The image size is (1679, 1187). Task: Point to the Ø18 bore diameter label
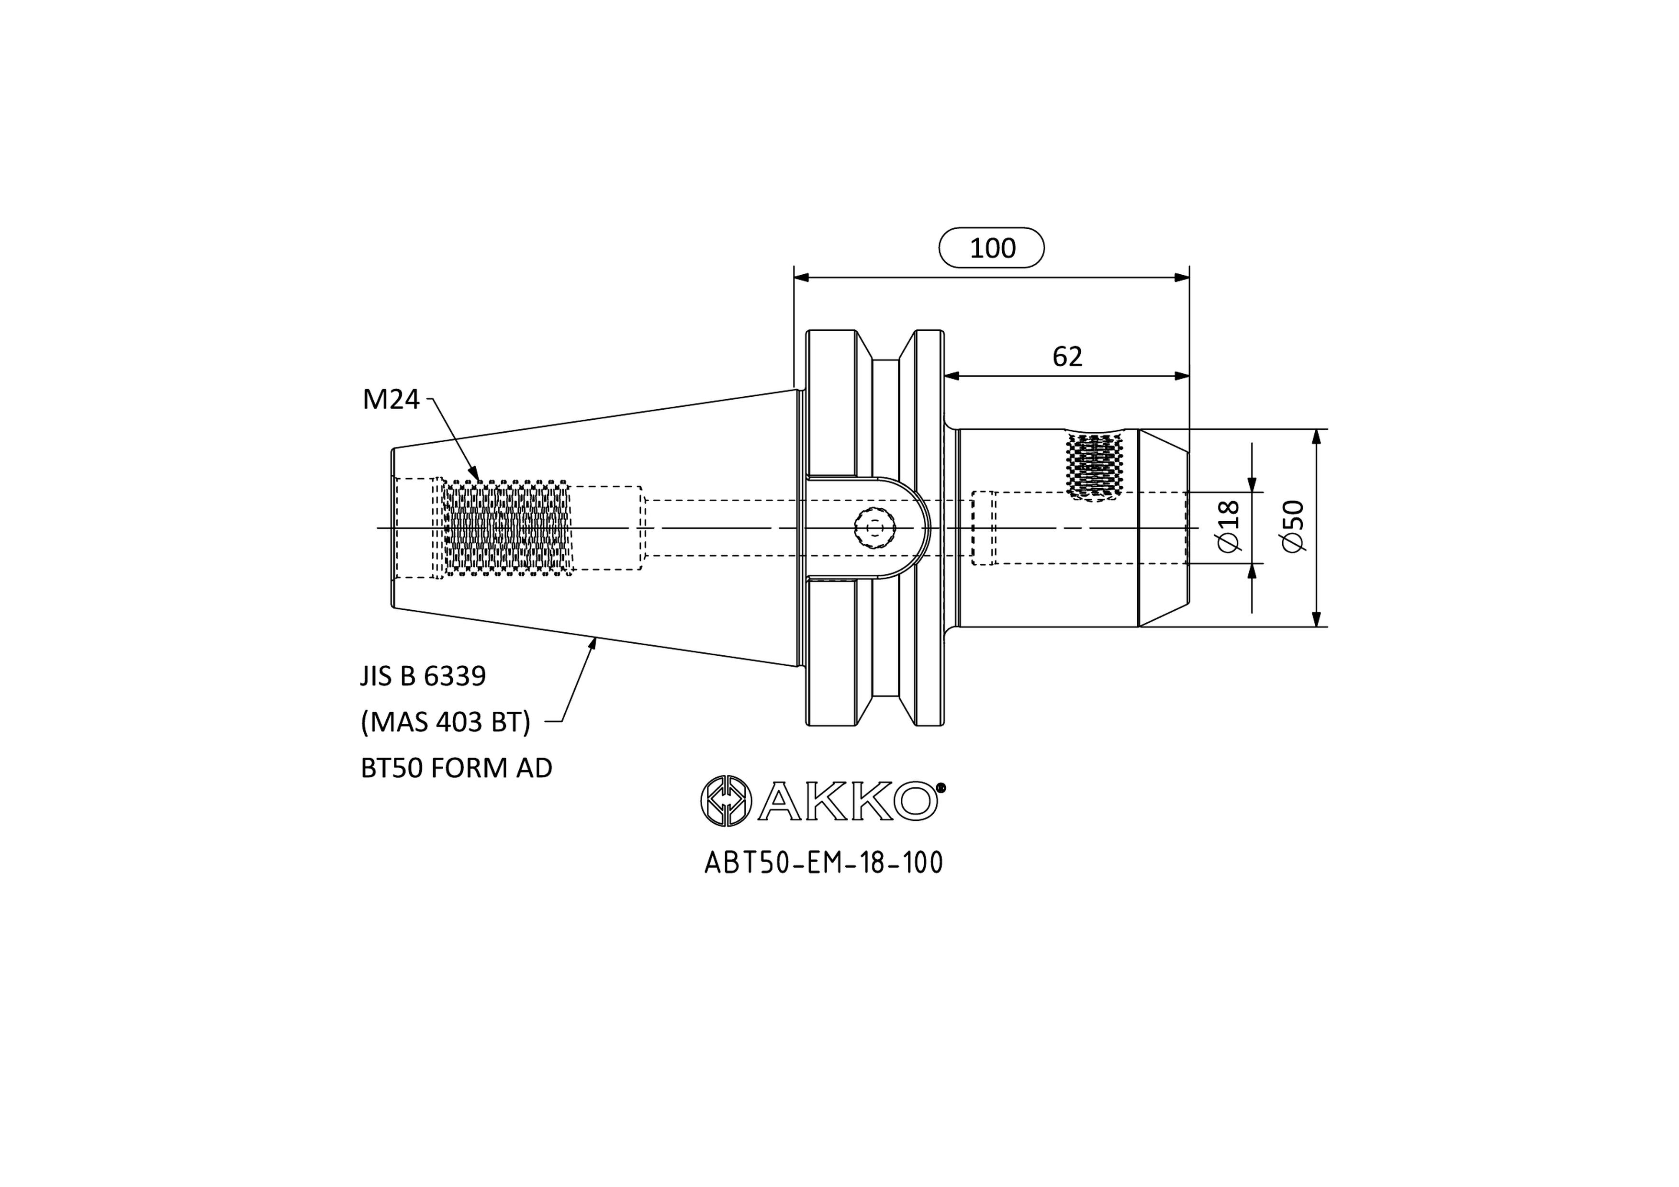(1229, 526)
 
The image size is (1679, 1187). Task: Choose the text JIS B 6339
(423, 676)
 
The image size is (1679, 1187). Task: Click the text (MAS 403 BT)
(445, 723)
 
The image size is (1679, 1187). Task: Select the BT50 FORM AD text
(456, 768)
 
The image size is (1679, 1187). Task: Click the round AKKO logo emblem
(726, 801)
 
